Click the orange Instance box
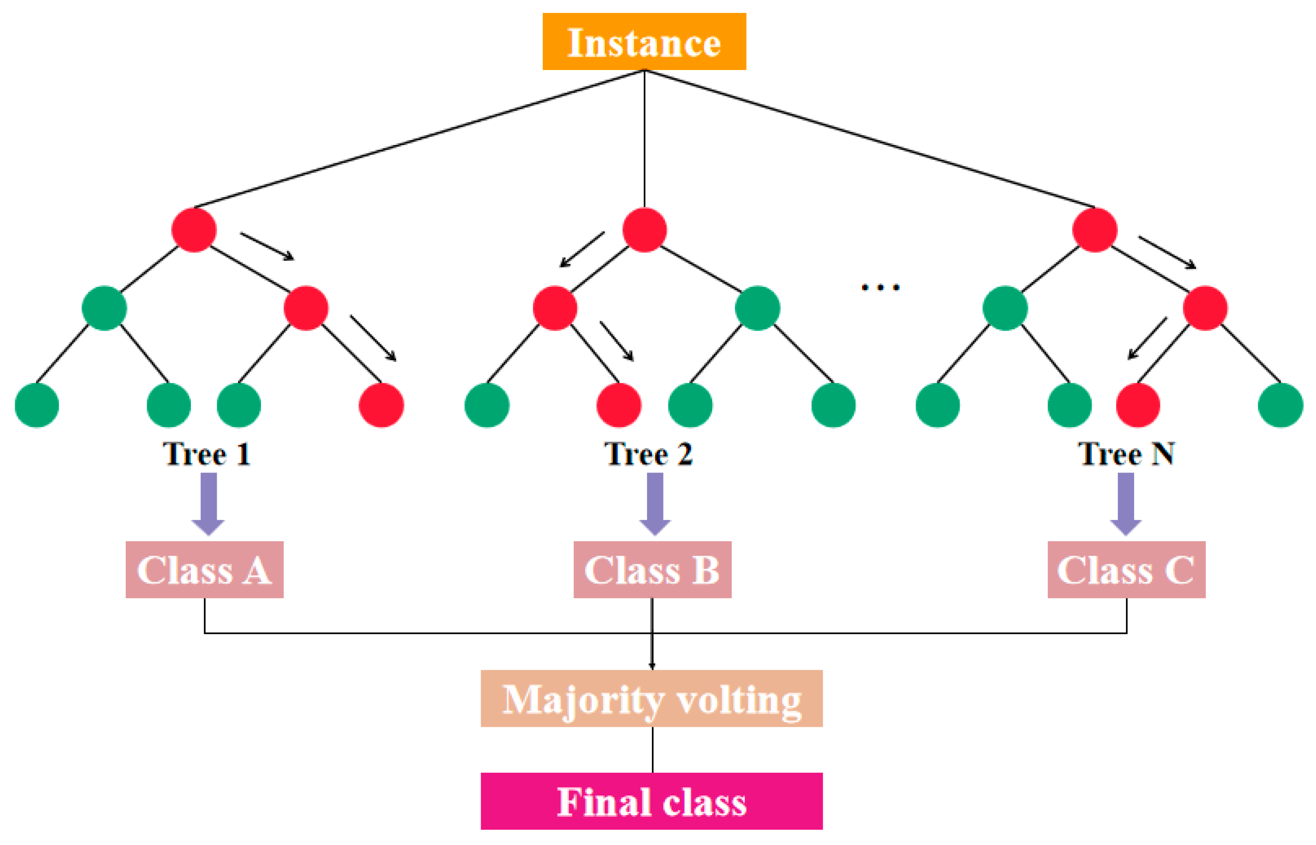click(644, 41)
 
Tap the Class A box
click(205, 570)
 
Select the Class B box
click(652, 570)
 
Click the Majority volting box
click(652, 699)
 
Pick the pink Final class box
click(652, 801)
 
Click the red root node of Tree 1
click(194, 229)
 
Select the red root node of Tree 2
click(644, 229)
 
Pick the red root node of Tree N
click(1094, 229)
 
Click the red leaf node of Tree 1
click(381, 405)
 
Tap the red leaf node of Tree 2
click(619, 405)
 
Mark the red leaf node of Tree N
click(1138, 405)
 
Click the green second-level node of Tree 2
click(757, 308)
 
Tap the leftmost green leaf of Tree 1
click(37, 405)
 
